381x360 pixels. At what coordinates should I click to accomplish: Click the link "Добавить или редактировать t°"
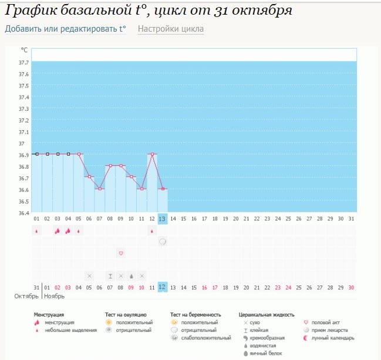(x=65, y=29)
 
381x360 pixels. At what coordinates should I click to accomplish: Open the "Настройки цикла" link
(x=171, y=29)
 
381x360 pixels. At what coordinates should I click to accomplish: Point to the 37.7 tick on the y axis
(x=23, y=62)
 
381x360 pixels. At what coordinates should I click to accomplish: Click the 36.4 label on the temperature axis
(x=23, y=212)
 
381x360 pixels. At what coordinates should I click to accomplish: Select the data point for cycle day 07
(x=100, y=189)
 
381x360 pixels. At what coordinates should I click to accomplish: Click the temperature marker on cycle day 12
(x=153, y=154)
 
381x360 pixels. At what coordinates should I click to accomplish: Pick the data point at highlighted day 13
(x=163, y=189)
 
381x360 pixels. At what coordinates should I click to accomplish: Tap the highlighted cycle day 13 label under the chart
(x=163, y=219)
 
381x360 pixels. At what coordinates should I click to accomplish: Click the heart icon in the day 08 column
(x=121, y=253)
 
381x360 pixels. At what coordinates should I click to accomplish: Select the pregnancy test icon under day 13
(x=163, y=241)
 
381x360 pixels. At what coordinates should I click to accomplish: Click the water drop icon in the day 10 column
(x=132, y=276)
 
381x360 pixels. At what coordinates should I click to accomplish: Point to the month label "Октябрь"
(x=26, y=297)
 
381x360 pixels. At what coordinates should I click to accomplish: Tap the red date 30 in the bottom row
(x=350, y=287)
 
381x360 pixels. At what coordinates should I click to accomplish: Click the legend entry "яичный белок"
(x=266, y=354)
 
